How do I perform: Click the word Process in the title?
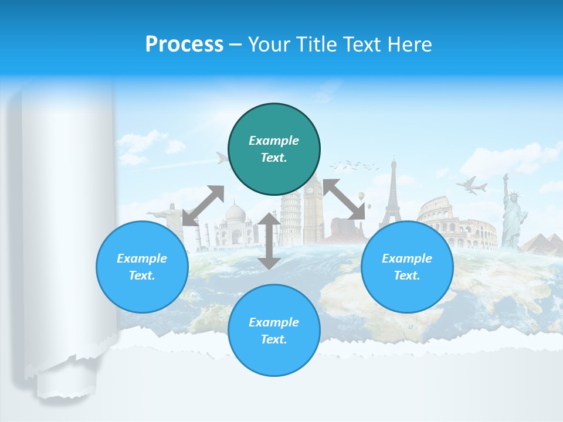pos(184,44)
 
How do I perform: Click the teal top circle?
pos(274,149)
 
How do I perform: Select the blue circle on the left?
pos(142,267)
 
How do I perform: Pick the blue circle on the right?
pos(407,267)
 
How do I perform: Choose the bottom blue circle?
pos(274,330)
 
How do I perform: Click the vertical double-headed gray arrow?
pos(269,241)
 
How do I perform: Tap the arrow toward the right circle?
pos(344,199)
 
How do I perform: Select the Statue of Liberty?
pos(511,214)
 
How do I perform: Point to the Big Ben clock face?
pos(310,190)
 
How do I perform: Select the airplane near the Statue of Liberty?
pos(472,185)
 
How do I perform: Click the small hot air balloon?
pos(362,196)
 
